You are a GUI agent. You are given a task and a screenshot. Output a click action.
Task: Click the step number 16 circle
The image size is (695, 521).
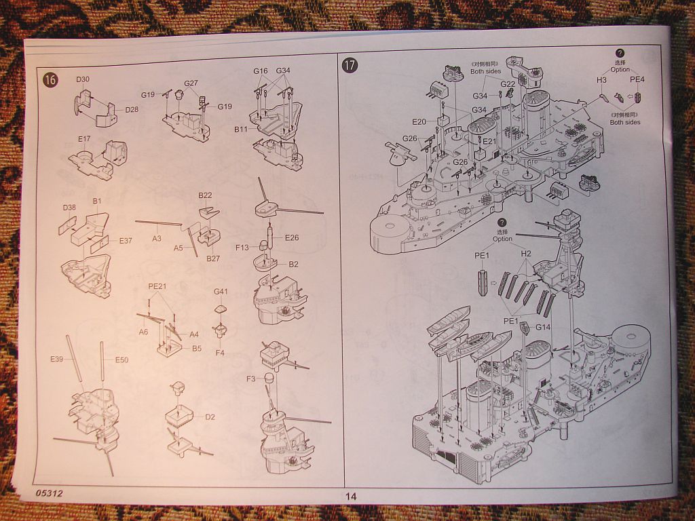[x=50, y=79]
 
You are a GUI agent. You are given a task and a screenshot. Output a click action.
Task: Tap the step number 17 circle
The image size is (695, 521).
[x=350, y=65]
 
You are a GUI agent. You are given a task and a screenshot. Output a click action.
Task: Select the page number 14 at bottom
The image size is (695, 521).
[x=350, y=496]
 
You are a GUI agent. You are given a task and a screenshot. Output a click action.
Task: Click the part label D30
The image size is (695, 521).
[x=83, y=79]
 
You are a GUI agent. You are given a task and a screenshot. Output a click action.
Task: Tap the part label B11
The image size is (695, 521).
[x=242, y=129]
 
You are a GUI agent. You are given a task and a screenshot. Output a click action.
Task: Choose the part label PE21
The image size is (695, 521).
[x=157, y=286]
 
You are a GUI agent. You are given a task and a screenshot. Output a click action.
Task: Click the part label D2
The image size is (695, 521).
[x=210, y=417]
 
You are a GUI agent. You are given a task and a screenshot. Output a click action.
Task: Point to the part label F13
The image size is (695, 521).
[x=242, y=248]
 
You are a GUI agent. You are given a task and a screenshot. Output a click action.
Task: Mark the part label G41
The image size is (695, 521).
[x=221, y=292]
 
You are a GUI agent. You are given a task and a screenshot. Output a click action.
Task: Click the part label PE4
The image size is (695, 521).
[x=637, y=79]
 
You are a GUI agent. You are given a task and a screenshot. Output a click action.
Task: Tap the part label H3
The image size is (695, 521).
[x=601, y=80]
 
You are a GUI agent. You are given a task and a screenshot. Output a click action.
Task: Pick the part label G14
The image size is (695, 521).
[x=543, y=327]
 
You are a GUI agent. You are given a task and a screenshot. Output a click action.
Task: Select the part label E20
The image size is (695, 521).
[x=419, y=121]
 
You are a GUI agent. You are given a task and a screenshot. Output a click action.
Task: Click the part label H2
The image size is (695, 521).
[x=526, y=253]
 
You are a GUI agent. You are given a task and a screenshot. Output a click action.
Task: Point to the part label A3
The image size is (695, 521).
[x=157, y=239]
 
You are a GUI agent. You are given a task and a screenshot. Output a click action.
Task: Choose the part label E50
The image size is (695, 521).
[x=121, y=360]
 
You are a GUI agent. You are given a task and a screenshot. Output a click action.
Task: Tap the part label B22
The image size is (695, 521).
[x=206, y=195]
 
